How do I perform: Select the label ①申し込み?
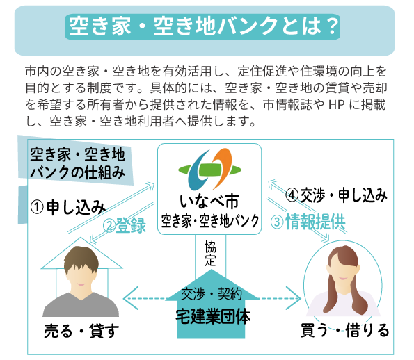(67, 206)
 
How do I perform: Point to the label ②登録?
(125, 225)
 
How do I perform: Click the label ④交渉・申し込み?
(336, 195)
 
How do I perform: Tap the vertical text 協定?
(210, 254)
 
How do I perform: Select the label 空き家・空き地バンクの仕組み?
(77, 162)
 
